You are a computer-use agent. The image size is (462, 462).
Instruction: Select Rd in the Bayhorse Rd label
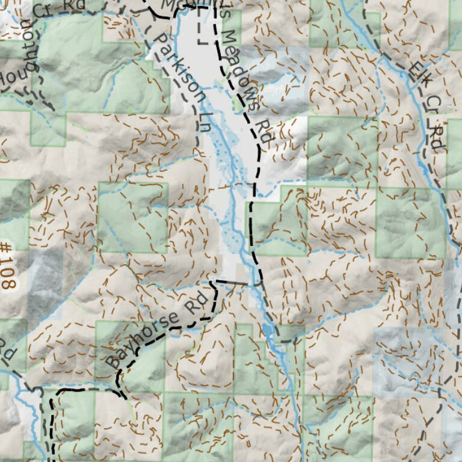point(194,302)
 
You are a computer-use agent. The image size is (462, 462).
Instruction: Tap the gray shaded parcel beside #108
point(45,283)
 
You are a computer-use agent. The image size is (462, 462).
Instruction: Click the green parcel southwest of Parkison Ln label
point(132,217)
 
